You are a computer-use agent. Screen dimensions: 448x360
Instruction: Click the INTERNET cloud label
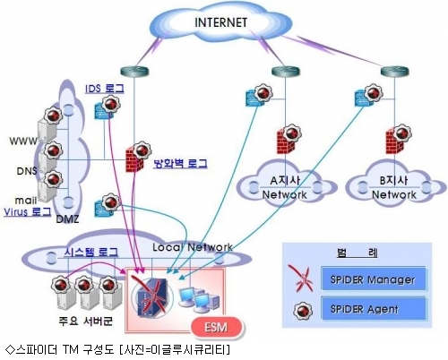tap(220, 22)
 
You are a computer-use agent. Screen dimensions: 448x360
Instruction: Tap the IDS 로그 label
tap(105, 89)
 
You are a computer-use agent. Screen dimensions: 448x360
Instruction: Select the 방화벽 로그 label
tap(180, 163)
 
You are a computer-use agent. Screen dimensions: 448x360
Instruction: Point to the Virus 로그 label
tap(27, 211)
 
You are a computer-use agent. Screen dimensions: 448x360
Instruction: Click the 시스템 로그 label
tap(91, 252)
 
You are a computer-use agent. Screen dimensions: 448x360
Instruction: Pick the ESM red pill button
tap(216, 328)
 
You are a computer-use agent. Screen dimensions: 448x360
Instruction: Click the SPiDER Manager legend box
tap(373, 279)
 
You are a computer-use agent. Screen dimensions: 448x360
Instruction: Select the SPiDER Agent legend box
tap(373, 308)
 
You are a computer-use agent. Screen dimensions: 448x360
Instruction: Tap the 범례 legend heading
tap(358, 253)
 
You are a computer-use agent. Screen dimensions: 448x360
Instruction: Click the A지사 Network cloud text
tap(285, 187)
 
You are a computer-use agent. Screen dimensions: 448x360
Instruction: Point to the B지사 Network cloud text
tap(394, 187)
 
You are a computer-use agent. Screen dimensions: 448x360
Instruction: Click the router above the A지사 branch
tap(285, 72)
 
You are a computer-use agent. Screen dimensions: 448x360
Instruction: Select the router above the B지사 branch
tap(394, 72)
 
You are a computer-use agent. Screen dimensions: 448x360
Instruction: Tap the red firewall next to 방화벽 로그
tap(134, 160)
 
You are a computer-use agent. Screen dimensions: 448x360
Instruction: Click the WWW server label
tap(23, 141)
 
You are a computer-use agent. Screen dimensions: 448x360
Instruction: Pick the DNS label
tap(27, 171)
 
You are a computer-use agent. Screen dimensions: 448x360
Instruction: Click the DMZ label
tap(67, 219)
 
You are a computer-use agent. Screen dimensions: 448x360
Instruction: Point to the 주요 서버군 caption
tap(85, 321)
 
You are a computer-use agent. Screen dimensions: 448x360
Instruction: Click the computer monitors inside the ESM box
tap(199, 299)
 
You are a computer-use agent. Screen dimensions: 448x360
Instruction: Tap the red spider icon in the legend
tap(302, 279)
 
